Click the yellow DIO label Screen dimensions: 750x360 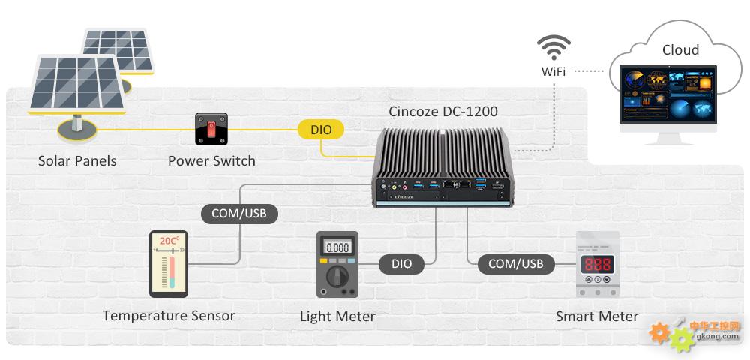tap(321, 130)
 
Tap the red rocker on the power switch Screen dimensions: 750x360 tap(211, 128)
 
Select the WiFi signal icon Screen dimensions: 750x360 tap(553, 47)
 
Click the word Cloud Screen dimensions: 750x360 tap(680, 49)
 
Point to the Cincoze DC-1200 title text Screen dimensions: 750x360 tap(443, 112)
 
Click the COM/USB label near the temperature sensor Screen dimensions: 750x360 tap(239, 214)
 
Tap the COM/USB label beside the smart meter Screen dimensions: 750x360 tap(516, 263)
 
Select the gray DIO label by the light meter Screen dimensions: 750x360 tap(402, 264)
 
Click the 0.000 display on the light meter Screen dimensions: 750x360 tap(337, 247)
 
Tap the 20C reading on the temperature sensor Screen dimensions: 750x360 tap(169, 240)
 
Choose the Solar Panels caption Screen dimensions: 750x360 tap(77, 160)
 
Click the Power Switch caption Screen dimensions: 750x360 tap(211, 160)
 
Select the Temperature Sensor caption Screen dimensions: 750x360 tap(169, 316)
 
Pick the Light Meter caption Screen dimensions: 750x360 tap(337, 316)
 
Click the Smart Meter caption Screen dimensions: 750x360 tap(597, 316)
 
